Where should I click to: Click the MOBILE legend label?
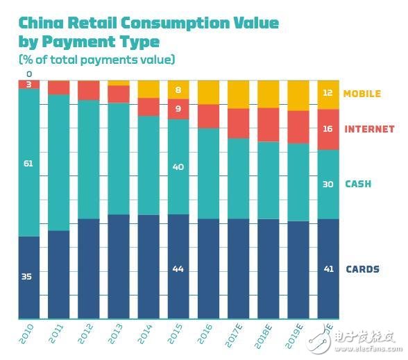[362, 94]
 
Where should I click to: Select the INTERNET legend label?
[369, 129]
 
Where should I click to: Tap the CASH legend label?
[358, 184]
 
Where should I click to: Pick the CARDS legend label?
[362, 269]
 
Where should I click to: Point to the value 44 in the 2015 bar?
[178, 268]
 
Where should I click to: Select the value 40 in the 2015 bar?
[178, 166]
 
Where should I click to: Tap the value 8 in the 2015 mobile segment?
[178, 89]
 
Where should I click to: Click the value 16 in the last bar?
[328, 129]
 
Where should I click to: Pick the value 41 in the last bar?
[328, 269]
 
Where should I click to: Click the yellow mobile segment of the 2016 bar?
[208, 92]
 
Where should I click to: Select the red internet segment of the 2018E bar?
[269, 125]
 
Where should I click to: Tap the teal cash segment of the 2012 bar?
[89, 160]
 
